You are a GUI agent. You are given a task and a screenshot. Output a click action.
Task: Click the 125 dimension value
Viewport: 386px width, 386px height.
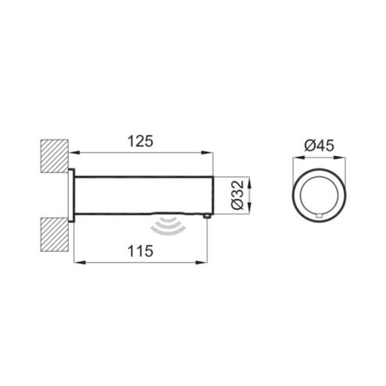(140, 142)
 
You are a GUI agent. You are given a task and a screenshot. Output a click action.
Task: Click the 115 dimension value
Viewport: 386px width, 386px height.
(140, 251)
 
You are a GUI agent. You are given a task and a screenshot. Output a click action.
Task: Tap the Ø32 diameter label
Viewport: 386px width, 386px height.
(237, 195)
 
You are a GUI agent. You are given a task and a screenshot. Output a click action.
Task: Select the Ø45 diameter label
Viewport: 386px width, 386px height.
(319, 146)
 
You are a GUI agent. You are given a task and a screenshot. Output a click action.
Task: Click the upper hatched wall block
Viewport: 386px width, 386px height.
(55, 156)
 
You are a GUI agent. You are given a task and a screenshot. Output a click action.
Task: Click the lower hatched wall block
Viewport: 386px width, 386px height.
(55, 234)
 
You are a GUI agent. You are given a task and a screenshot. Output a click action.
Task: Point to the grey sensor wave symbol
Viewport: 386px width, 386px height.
(168, 225)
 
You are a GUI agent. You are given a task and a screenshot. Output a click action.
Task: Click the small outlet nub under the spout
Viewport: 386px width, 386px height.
(207, 216)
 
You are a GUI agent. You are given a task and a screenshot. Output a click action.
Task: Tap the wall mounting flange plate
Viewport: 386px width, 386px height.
(71, 195)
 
